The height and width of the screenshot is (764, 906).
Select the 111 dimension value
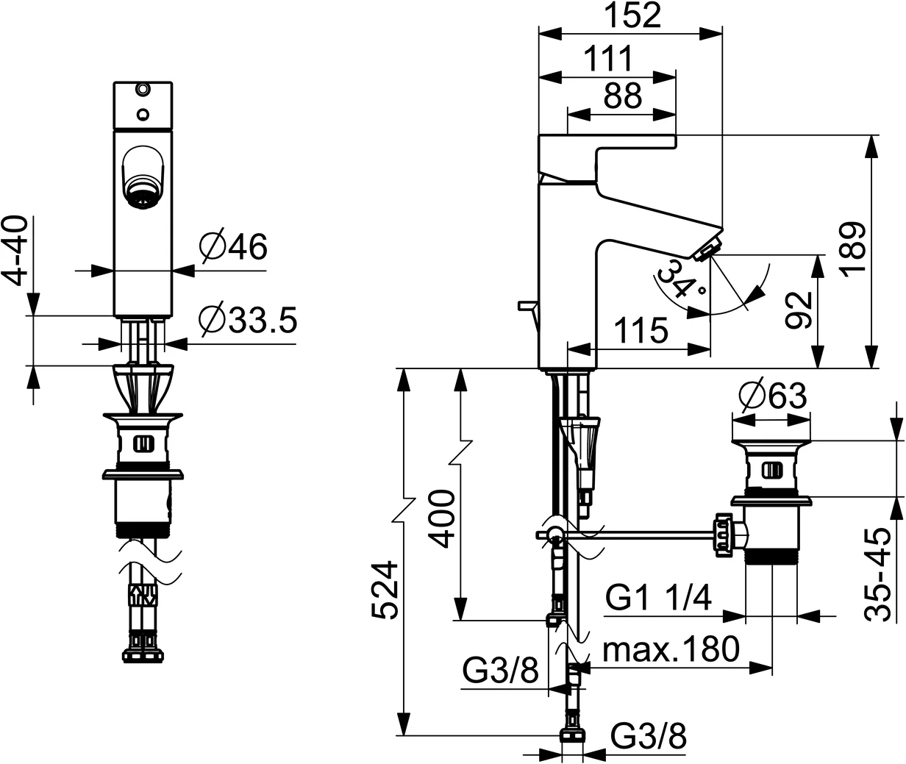click(609, 59)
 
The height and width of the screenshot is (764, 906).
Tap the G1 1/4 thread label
click(659, 599)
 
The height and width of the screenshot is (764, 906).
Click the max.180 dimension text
click(670, 649)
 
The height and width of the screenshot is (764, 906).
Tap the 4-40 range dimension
click(15, 251)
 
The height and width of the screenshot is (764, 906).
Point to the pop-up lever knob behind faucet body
click(526, 304)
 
